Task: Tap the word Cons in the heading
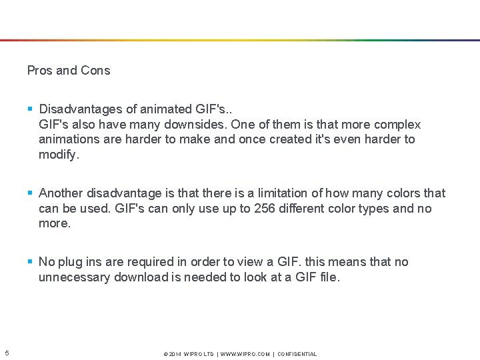[x=95, y=70]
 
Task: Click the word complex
[x=397, y=125]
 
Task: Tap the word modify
[x=58, y=155]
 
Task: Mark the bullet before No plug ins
[x=31, y=262]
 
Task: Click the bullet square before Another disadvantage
[x=31, y=193]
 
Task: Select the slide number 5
[x=6, y=353]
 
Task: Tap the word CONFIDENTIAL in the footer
[x=297, y=354]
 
